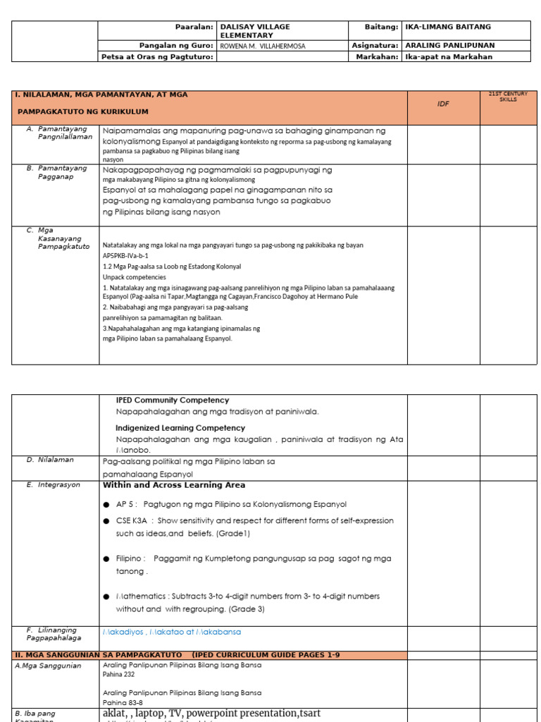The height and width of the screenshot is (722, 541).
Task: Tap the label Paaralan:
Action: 194,27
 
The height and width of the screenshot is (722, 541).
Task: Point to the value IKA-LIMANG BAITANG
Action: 448,27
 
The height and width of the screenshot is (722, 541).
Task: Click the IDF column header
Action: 443,104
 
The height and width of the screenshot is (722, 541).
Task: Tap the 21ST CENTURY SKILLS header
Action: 508,97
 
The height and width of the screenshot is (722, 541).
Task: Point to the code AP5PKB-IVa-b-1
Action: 126,256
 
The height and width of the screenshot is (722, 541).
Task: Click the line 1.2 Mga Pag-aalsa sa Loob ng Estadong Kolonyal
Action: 172,267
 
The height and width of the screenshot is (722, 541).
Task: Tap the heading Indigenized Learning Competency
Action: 180,428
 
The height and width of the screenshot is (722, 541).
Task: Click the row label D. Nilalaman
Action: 50,460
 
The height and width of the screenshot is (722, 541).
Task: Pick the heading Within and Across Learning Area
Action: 174,485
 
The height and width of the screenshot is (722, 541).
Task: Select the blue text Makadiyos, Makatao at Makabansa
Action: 172,632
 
